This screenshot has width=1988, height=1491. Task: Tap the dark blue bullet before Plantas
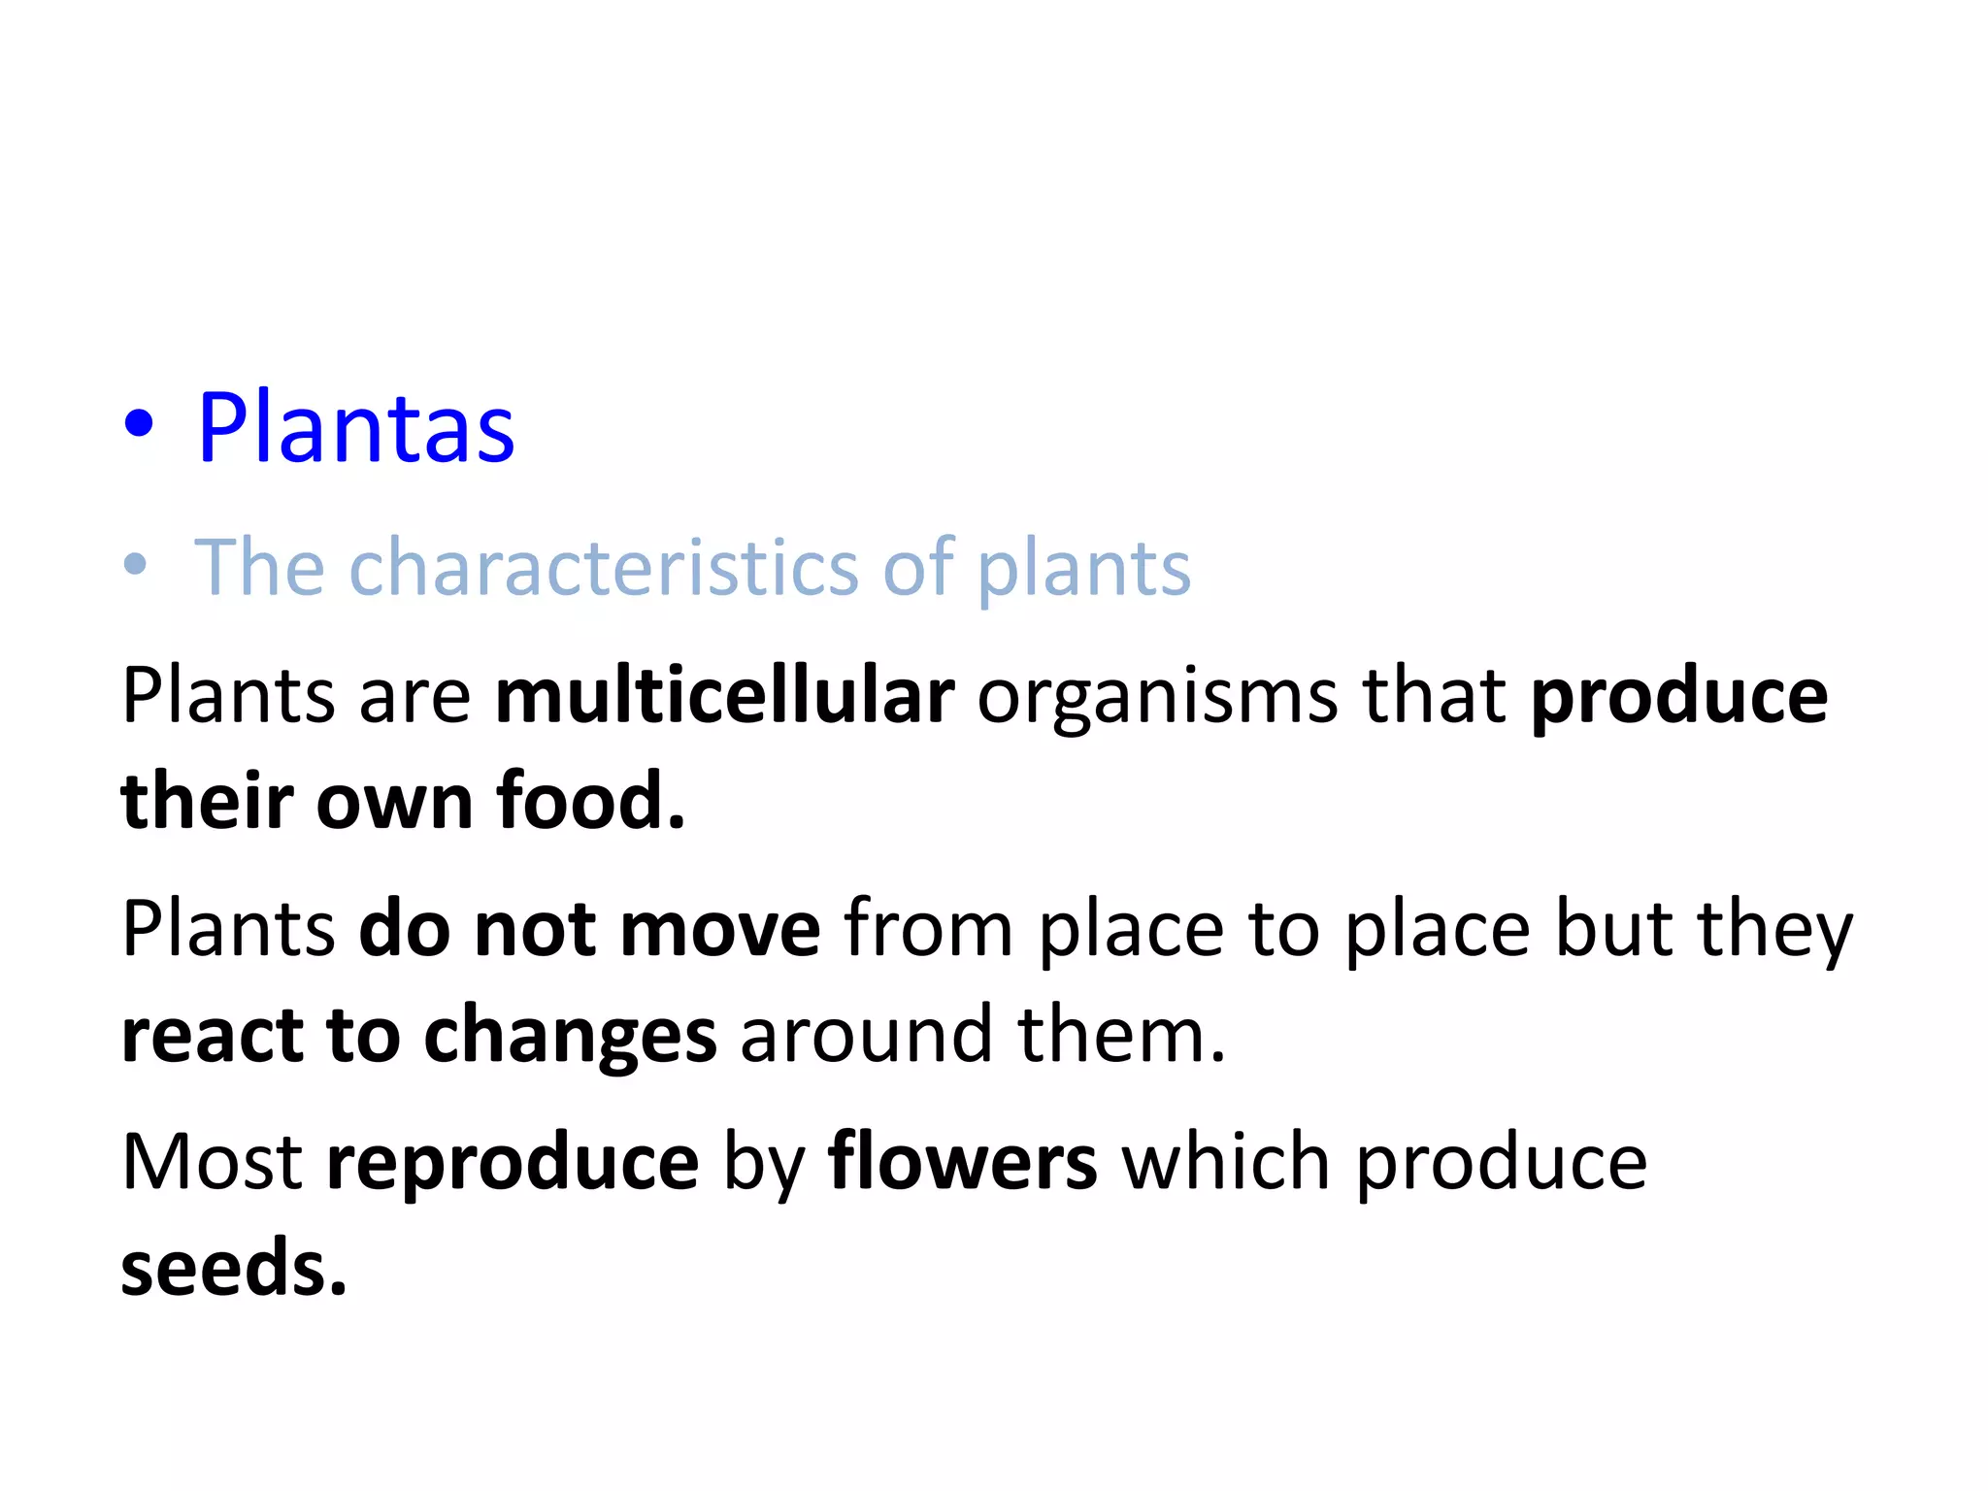139,424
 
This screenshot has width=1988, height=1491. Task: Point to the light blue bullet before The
136,565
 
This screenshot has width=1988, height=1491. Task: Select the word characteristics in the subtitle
603,567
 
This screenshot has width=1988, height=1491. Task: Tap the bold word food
590,801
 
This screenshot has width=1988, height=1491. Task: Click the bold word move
720,929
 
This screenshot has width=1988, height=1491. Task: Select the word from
929,929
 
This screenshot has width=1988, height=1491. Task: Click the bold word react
212,1036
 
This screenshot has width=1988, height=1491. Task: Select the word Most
212,1162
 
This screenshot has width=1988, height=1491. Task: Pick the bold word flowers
962,1162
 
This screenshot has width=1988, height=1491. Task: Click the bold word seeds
233,1268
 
